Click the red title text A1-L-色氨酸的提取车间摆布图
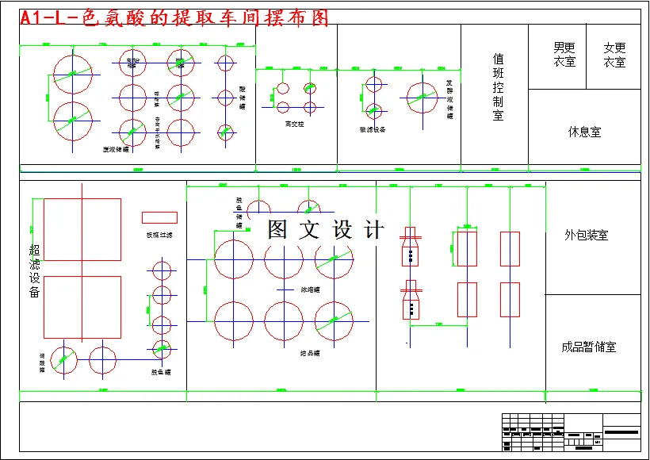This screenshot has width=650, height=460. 174,18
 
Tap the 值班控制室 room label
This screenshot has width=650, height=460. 498,87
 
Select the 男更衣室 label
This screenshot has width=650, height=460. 564,55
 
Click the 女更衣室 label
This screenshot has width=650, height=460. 614,55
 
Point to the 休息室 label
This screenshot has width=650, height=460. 584,132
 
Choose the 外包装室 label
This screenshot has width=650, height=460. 587,235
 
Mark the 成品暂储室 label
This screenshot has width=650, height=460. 588,347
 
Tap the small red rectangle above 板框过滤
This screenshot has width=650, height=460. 159,217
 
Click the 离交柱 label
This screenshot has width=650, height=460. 294,125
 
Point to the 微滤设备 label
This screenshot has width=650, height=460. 373,129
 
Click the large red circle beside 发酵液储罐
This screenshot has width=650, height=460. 422,98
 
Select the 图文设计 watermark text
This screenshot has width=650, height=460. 326,230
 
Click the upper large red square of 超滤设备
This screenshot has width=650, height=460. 82,229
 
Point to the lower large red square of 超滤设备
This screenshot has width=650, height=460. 82,307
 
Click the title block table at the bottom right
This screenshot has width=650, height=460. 571,432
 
